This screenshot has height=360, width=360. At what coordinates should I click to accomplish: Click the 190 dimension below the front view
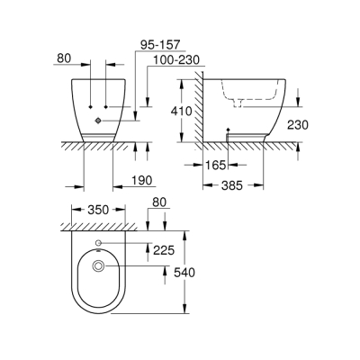coord(139,181)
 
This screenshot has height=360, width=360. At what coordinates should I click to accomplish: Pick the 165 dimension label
coord(212,166)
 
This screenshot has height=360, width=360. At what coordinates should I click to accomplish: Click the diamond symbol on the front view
coord(97,119)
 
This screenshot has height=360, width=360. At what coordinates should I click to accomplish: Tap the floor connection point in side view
coord(229,133)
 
